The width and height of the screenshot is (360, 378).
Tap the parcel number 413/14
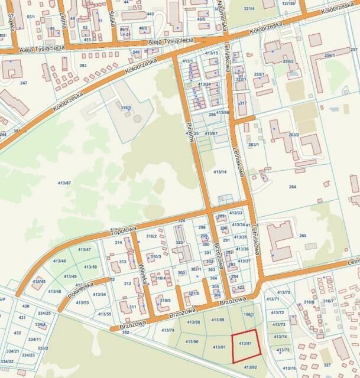click(219, 171)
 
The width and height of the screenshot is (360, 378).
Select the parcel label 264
click(292, 187)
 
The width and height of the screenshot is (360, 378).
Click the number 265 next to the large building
click(303, 236)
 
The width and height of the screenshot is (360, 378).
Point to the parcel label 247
click(24, 83)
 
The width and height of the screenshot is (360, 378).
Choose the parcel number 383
click(83, 66)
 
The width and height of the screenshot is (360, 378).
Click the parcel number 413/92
click(250, 367)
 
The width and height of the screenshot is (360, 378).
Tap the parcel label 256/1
click(329, 55)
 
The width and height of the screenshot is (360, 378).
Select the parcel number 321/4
click(249, 9)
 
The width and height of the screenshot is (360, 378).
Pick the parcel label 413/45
click(40, 281)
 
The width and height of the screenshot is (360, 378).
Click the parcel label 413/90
click(192, 342)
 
